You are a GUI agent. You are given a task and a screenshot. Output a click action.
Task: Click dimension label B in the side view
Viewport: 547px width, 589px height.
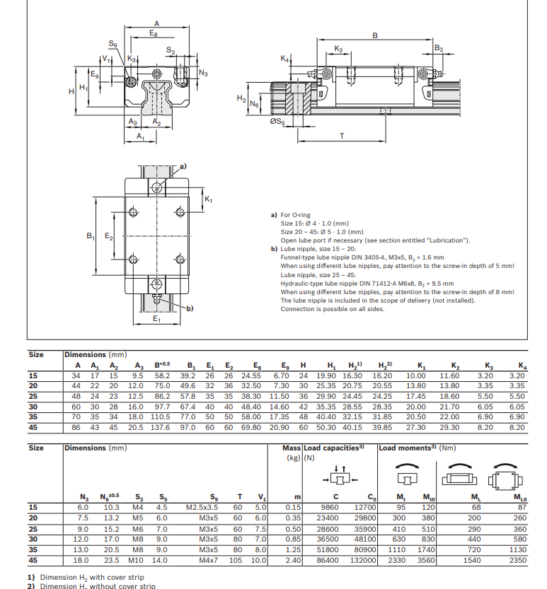coord(375,35)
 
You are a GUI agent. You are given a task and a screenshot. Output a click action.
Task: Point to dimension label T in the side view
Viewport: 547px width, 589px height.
coord(343,136)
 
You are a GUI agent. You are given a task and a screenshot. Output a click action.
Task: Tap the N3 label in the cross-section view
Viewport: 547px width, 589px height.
coord(204,73)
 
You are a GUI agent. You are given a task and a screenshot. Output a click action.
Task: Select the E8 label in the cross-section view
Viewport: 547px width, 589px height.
coord(154,33)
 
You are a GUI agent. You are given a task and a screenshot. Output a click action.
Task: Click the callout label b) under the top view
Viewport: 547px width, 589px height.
coord(189,308)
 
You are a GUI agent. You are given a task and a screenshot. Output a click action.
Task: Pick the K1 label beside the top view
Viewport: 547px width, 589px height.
coord(208,200)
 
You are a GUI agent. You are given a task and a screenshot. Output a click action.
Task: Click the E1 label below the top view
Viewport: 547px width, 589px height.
coord(156,319)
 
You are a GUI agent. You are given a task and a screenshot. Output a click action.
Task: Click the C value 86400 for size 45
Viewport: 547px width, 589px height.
coord(330,561)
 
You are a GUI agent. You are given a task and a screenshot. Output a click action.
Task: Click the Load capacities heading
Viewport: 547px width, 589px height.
coord(333,448)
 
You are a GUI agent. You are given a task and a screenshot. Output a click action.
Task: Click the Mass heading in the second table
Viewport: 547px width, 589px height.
coord(292,448)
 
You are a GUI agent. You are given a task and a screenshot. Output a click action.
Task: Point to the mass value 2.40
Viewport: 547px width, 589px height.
coord(293,561)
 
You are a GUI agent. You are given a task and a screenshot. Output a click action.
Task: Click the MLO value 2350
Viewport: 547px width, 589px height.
coord(518,561)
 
